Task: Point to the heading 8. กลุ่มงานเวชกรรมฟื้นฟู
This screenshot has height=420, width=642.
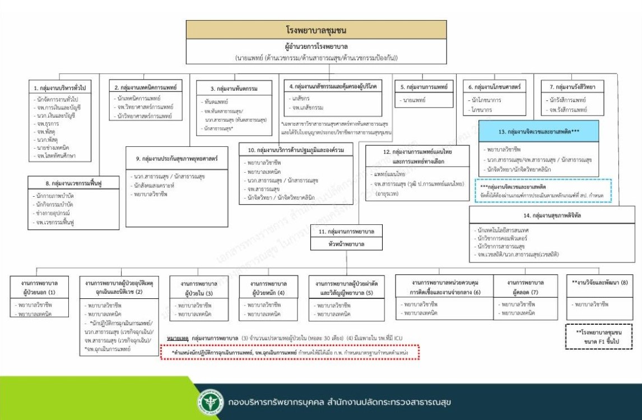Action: [73, 183]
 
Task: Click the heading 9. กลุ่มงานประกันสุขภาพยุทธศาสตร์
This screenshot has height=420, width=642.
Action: [172, 159]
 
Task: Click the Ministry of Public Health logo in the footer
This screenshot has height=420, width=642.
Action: [206, 402]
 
